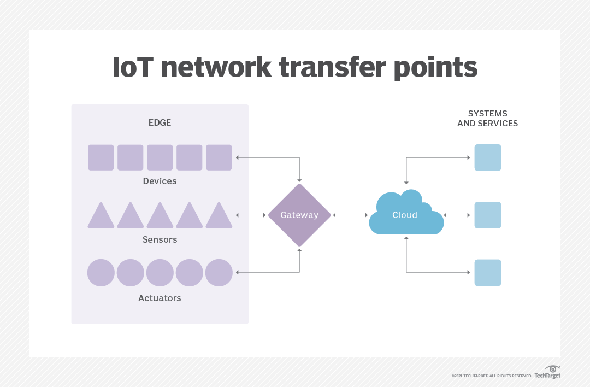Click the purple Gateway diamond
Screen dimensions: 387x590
click(x=299, y=215)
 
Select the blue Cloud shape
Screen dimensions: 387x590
click(x=405, y=214)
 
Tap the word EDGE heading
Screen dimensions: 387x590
click(x=160, y=122)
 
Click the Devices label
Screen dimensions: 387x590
click(x=160, y=181)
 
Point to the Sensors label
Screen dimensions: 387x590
click(x=160, y=239)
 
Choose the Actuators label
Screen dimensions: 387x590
click(x=160, y=298)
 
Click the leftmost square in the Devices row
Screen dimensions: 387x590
click(x=101, y=157)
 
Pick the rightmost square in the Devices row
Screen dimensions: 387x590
click(x=219, y=157)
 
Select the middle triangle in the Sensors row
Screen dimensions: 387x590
click(x=160, y=217)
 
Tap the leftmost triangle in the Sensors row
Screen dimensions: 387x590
click(x=101, y=217)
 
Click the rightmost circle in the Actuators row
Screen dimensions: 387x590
click(x=219, y=273)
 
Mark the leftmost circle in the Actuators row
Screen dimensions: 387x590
click(x=101, y=273)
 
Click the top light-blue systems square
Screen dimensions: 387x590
click(x=487, y=157)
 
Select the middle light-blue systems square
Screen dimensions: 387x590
click(x=487, y=215)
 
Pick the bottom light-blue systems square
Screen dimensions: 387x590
click(x=487, y=273)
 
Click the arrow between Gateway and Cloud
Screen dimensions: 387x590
click(x=350, y=215)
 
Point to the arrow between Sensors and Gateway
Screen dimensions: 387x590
click(x=250, y=215)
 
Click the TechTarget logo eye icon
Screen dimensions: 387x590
click(x=553, y=369)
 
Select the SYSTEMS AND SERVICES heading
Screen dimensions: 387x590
click(x=487, y=119)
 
